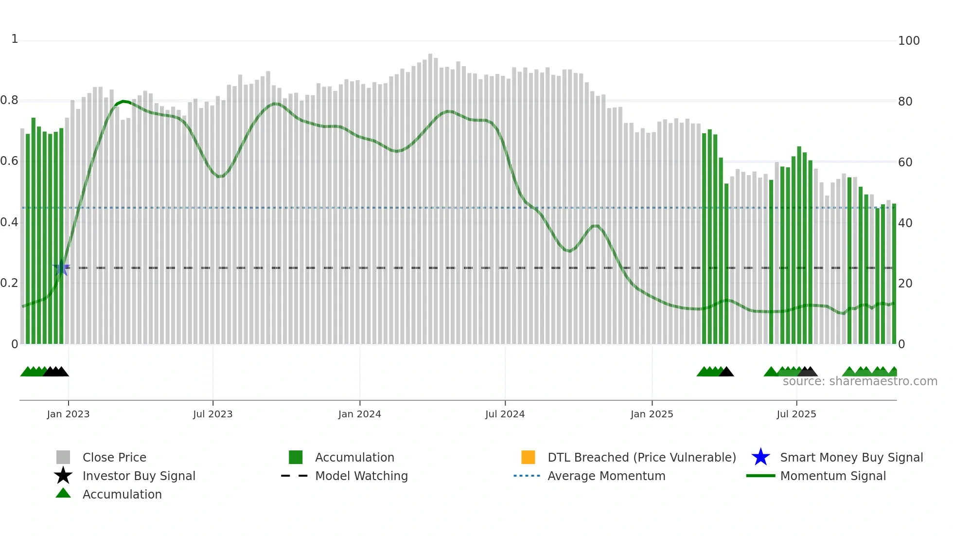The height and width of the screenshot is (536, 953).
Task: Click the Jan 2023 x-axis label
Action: [x=68, y=414]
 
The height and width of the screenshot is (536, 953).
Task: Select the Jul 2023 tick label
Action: [x=212, y=414]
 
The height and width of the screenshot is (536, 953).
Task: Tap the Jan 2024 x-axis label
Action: [x=359, y=414]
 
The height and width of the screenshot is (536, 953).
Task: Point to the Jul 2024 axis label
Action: [x=505, y=414]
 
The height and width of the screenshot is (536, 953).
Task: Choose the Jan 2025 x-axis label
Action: [x=652, y=414]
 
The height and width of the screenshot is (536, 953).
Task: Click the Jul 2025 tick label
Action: [x=796, y=414]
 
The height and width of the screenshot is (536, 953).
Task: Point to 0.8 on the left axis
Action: [x=9, y=101]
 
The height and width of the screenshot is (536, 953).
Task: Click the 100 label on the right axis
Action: [x=909, y=41]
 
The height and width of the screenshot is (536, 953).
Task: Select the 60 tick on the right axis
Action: [x=905, y=162]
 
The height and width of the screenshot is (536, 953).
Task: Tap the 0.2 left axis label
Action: [x=9, y=283]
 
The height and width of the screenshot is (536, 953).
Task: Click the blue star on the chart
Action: [x=61, y=268]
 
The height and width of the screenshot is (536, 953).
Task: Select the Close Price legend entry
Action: [x=114, y=457]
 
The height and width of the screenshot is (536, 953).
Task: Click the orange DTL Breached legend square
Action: [x=528, y=457]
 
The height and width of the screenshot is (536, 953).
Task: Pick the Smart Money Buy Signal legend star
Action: [x=760, y=457]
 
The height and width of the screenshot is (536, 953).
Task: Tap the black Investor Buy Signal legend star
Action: [x=63, y=476]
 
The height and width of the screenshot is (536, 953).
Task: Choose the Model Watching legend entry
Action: [x=361, y=476]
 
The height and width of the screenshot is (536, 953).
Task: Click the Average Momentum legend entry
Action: [x=606, y=476]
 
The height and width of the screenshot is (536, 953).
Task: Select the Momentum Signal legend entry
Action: [x=833, y=476]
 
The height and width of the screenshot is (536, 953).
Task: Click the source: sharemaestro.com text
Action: [x=860, y=381]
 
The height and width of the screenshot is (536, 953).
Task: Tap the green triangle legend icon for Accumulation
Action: [x=63, y=493]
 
